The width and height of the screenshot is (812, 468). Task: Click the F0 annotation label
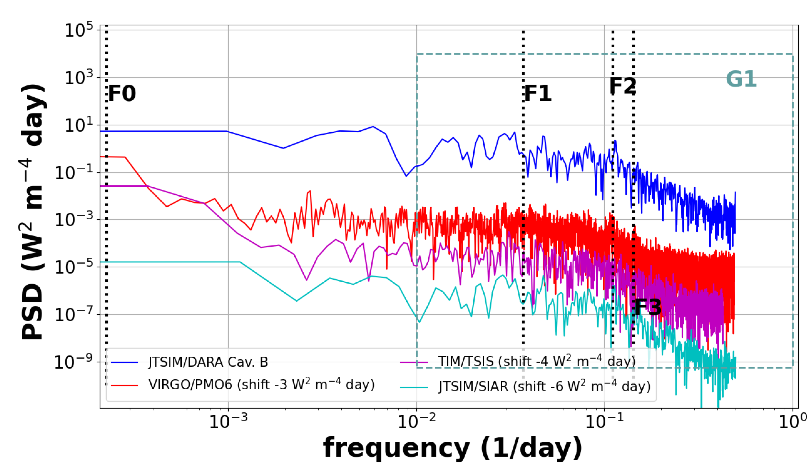122,94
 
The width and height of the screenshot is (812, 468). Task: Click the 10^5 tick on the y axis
79,31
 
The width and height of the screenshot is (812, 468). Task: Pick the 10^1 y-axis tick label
79,125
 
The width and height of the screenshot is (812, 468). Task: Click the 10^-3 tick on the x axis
228,421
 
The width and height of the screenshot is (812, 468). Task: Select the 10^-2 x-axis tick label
417,421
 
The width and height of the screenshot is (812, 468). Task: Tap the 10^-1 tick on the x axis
605,421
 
